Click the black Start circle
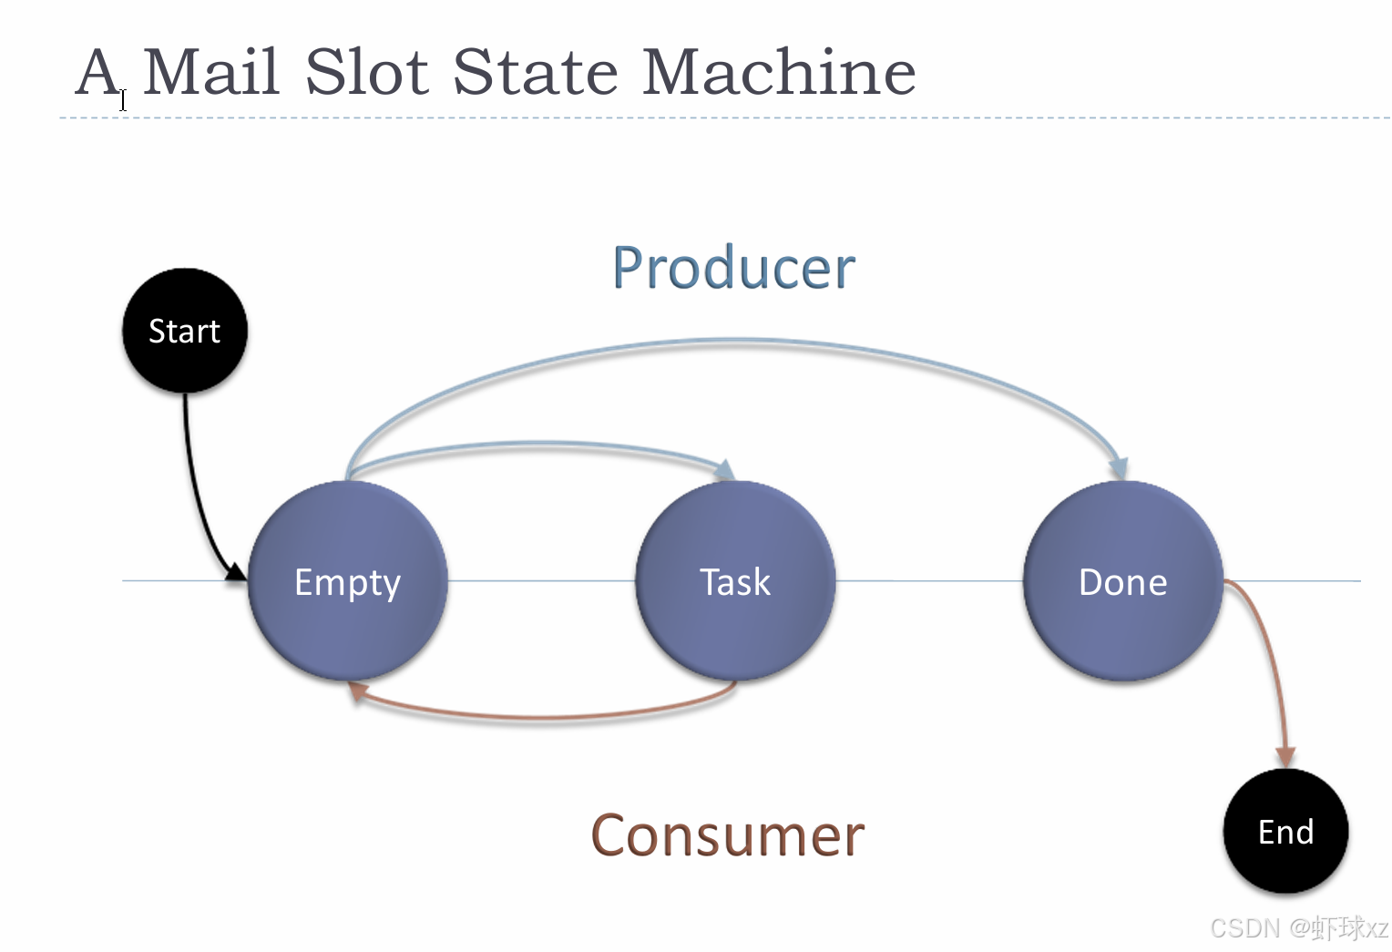(x=185, y=331)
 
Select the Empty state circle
(x=347, y=581)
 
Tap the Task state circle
(x=735, y=581)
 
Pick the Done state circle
(x=1122, y=581)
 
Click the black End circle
(x=1285, y=831)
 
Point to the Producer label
(x=733, y=268)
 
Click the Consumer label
(x=727, y=835)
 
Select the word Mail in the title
(x=210, y=72)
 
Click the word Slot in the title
(x=366, y=72)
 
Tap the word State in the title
(x=536, y=72)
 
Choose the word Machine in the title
(x=779, y=72)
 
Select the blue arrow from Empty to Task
(x=537, y=445)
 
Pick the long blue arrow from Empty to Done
(x=733, y=343)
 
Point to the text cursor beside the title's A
(x=123, y=99)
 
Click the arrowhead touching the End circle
(x=1285, y=757)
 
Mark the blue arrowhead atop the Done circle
(x=1119, y=468)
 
